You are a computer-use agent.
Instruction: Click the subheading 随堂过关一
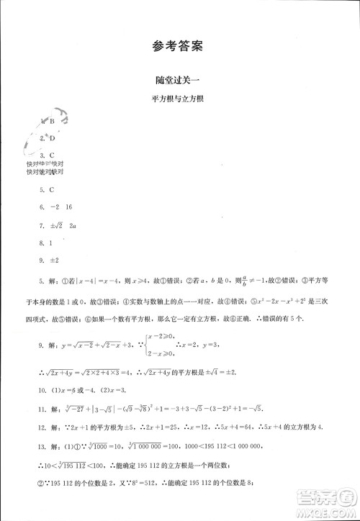point(179,82)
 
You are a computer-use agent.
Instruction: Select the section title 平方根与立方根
point(179,100)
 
